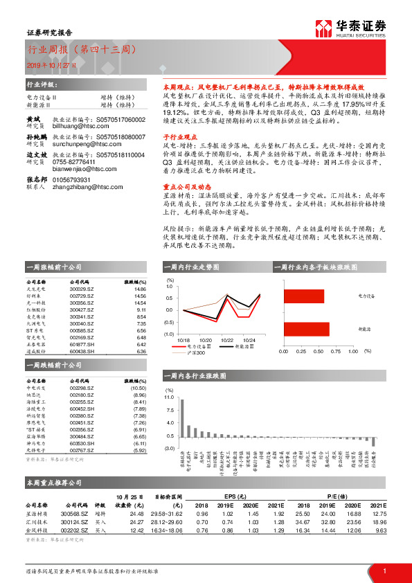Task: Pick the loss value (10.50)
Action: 138,388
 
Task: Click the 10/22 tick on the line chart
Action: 227,340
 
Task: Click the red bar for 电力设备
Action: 303,296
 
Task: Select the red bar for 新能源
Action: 305,329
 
